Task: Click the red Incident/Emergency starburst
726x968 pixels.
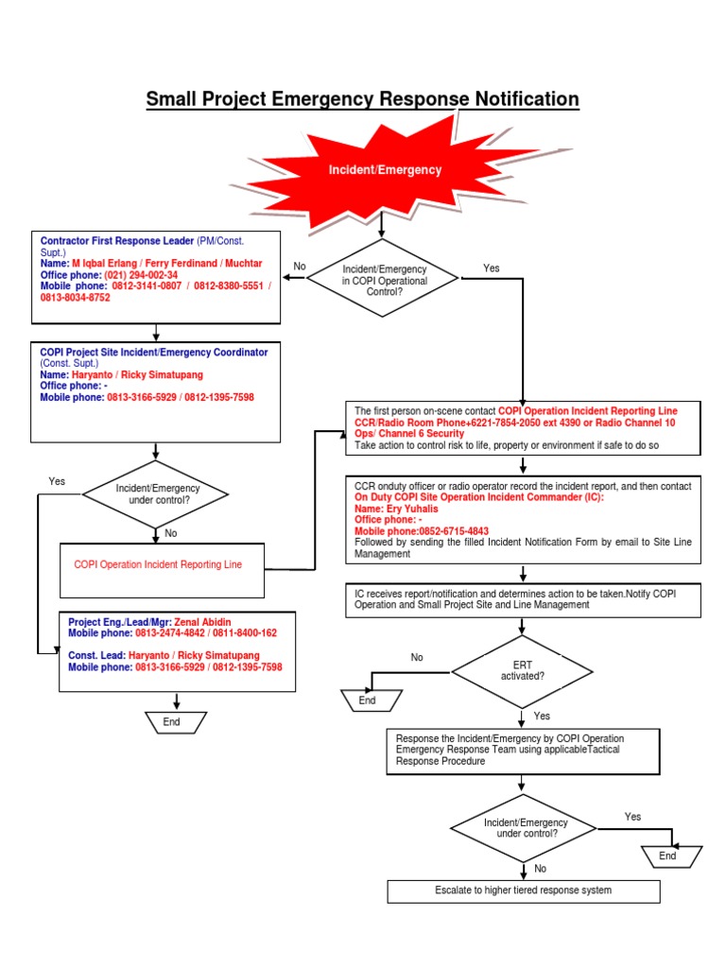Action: (384, 170)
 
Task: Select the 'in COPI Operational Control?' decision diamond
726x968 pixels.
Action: (384, 281)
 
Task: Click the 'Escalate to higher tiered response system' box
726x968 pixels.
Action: (523, 890)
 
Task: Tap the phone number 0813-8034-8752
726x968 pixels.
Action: (75, 297)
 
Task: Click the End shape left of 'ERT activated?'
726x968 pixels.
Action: (367, 700)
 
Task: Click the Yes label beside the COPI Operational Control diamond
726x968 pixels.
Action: (491, 268)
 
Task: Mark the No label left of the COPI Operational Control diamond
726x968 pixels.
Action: (300, 267)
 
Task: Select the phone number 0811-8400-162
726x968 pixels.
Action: (245, 632)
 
